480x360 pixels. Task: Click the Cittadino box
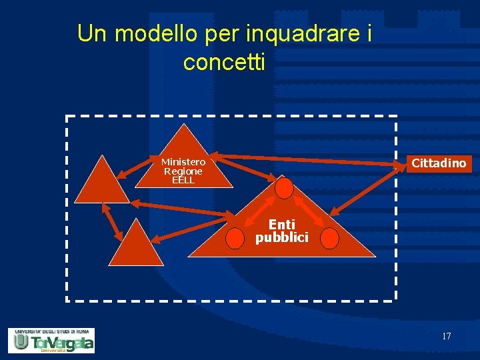439,163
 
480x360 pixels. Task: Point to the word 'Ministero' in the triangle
183,161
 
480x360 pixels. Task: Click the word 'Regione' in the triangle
183,171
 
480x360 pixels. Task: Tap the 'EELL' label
183,180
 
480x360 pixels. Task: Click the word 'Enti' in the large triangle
281,225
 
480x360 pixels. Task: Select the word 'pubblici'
281,237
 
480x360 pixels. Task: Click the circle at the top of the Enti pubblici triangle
285,189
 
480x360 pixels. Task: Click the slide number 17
446,336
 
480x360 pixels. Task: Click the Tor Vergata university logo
51,340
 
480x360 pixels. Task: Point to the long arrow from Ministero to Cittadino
307,161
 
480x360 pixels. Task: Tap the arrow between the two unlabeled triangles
111,221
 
